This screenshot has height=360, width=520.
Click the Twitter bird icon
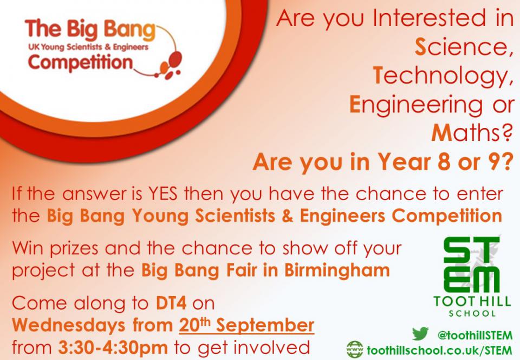[420, 334]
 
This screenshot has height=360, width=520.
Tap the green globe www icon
[355, 349]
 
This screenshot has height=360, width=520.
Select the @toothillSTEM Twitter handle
[475, 335]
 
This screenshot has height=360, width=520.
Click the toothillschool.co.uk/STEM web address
[439, 350]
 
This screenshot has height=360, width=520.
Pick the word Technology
[441, 76]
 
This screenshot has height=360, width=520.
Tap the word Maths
[470, 133]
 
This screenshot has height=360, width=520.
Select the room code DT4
[171, 303]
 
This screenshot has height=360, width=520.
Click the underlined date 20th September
[246, 325]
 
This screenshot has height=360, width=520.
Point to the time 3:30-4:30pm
[113, 348]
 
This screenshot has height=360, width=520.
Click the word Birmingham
[337, 271]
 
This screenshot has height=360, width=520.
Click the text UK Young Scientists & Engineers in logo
[88, 47]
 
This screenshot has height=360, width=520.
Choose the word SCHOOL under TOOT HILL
[472, 313]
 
